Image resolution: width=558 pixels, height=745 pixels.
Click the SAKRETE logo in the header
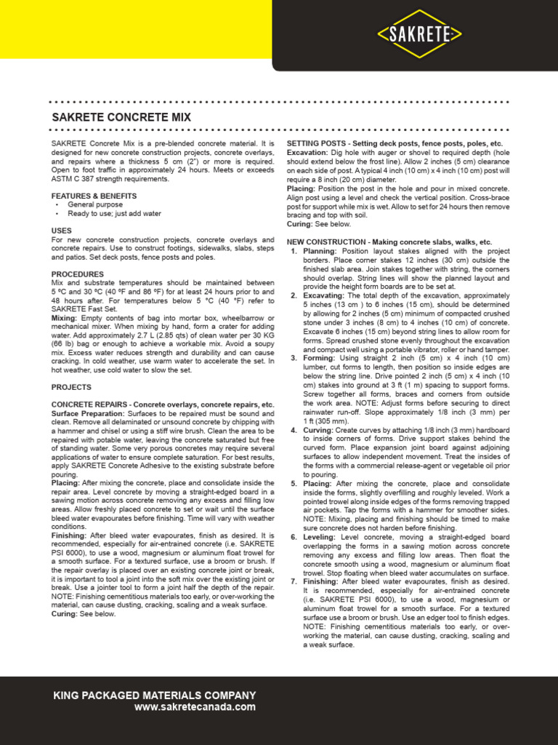pos(421,33)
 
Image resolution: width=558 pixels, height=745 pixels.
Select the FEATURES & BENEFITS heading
pos(94,196)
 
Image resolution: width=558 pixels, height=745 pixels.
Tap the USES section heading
pos(62,231)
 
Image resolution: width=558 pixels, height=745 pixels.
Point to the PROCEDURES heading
pos(77,274)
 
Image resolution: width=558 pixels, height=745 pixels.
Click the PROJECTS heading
pos(71,387)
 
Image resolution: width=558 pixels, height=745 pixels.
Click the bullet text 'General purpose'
pos(95,205)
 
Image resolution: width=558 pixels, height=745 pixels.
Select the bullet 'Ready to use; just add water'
pos(115,214)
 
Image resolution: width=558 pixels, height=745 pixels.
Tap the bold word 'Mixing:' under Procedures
pos(64,318)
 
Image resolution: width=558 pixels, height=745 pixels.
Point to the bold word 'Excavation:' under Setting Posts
pos(307,153)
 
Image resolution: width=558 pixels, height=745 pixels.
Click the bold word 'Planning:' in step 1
pos(320,251)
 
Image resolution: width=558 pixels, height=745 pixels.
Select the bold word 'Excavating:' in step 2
pos(324,295)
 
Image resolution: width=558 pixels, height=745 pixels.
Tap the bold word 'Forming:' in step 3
pos(319,358)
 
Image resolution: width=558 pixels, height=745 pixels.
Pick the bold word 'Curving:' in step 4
pos(318,430)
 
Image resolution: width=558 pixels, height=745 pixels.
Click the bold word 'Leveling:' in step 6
pos(320,537)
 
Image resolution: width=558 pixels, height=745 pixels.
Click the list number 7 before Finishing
pos(294,582)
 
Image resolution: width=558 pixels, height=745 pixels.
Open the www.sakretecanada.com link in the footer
pos(195,706)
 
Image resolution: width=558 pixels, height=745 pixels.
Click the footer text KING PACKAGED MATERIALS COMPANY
pos(155,696)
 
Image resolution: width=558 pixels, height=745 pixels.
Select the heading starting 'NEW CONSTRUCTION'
pos(389,242)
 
